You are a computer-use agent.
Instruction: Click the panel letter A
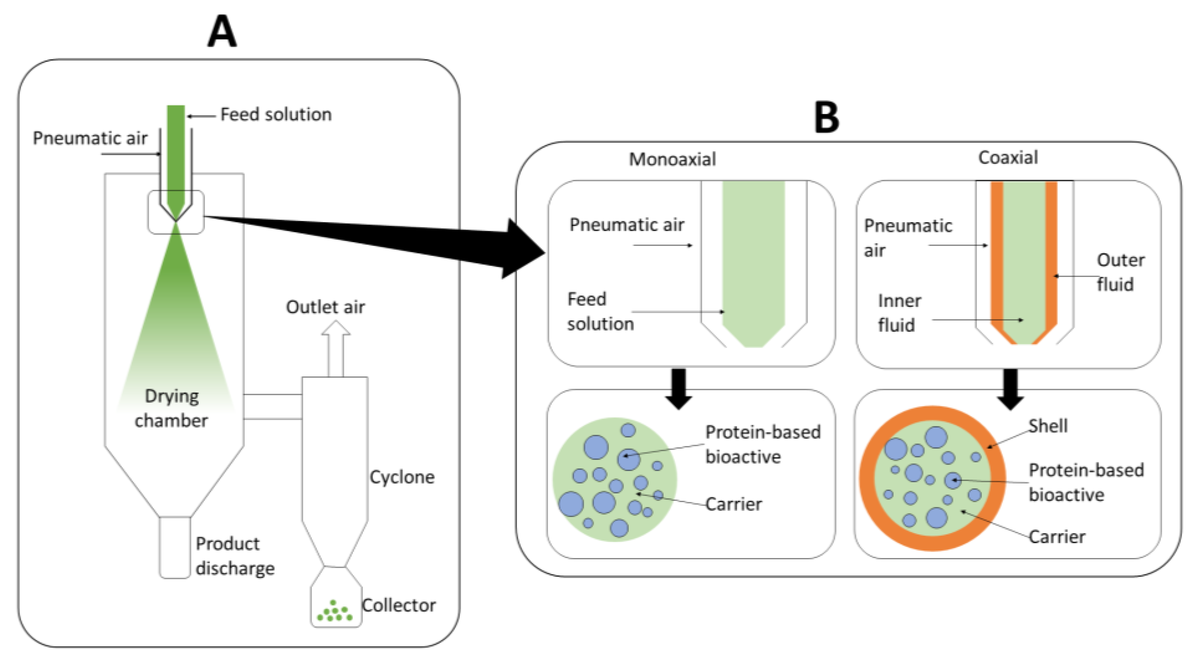click(x=222, y=31)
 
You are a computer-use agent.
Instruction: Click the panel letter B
click(x=827, y=118)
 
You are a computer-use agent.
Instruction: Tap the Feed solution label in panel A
click(x=276, y=115)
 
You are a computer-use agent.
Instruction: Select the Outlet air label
click(x=326, y=307)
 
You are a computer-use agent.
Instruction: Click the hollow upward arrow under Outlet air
click(x=335, y=349)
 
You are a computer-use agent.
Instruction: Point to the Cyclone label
click(x=402, y=477)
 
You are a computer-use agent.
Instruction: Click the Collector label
click(x=399, y=605)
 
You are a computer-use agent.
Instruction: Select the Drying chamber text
click(x=171, y=408)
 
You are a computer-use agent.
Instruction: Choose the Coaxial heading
click(x=1008, y=158)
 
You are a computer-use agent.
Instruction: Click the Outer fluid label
click(x=1120, y=272)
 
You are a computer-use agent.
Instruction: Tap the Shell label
click(x=1048, y=426)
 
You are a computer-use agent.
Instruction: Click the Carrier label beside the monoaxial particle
click(x=734, y=504)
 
